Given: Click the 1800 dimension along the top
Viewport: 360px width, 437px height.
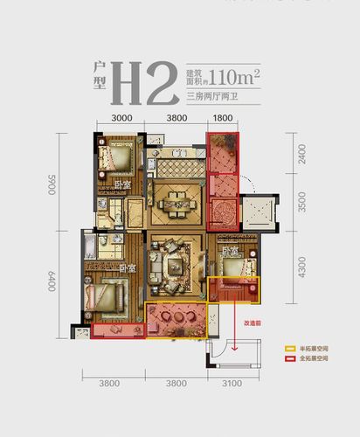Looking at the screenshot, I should coord(222,118).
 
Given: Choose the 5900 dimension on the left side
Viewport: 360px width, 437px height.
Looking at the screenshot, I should coord(52,184).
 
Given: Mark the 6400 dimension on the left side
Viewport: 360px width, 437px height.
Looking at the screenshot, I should coord(52,281).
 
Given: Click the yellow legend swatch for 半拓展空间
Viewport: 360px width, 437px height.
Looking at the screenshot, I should coord(289,347).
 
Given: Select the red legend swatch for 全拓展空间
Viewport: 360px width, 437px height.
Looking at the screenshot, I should coord(289,357).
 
